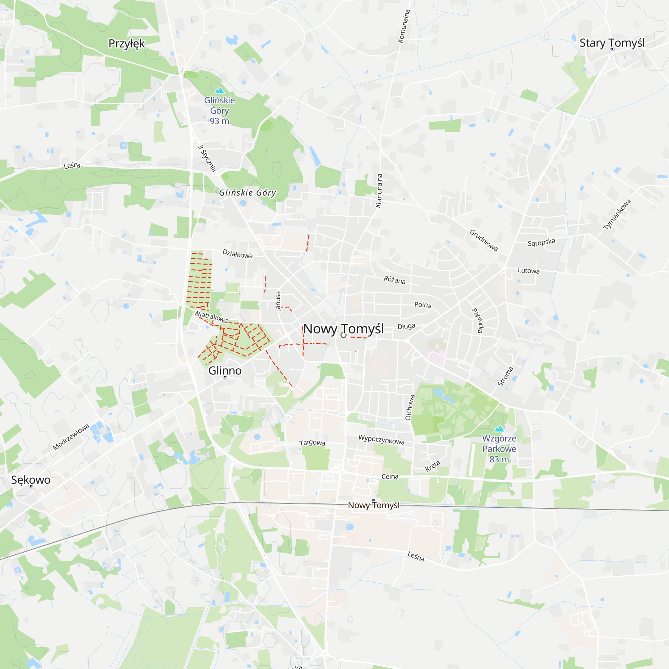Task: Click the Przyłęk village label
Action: [126, 43]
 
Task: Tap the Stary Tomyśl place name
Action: [612, 43]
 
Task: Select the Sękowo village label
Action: [31, 480]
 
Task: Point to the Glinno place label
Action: [225, 371]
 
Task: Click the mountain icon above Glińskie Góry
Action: [219, 91]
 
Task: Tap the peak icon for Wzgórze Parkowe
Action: [499, 429]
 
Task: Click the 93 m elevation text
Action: [219, 121]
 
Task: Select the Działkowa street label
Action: [237, 254]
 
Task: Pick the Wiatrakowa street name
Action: [211, 316]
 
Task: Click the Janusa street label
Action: [278, 301]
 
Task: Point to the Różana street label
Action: [394, 280]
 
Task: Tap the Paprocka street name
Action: [478, 321]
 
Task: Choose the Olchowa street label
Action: [410, 407]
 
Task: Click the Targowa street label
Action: [312, 443]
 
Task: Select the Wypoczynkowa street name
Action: [381, 440]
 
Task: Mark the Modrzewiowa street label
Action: [71, 437]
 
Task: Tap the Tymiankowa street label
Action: [617, 214]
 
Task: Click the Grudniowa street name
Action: [484, 240]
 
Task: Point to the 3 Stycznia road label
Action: [207, 158]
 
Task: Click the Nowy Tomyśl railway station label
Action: [374, 505]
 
